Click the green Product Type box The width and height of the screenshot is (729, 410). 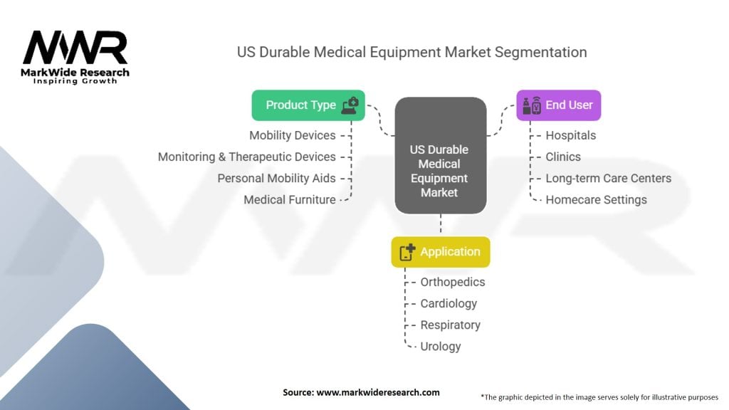pos(308,105)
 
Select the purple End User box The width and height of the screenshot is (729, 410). pos(558,105)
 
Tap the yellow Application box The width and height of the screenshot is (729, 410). pos(440,252)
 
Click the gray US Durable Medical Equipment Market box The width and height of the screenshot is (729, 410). pos(440,155)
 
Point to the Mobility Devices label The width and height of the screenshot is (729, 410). pos(293,135)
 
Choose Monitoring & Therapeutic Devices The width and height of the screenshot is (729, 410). pos(247,157)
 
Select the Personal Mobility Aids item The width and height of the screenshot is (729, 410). pos(276,179)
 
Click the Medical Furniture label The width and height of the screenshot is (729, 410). pos(290,200)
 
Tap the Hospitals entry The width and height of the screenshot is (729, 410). pos(570,136)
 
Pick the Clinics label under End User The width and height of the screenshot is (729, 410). pos(563,157)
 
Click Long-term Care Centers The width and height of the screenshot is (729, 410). pos(608,179)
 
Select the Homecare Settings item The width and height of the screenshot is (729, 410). pos(596,200)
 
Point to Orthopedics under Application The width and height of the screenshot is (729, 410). pos(452,282)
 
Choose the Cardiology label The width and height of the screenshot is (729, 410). pos(449,303)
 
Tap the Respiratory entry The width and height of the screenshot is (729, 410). pos(451,325)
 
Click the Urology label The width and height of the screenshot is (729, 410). pos(440,347)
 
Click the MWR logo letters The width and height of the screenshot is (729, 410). pos(75,48)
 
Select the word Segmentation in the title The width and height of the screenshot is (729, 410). pos(540,52)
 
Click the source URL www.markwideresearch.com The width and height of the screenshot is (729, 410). pos(378,392)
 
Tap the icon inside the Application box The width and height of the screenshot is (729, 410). pos(407,252)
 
